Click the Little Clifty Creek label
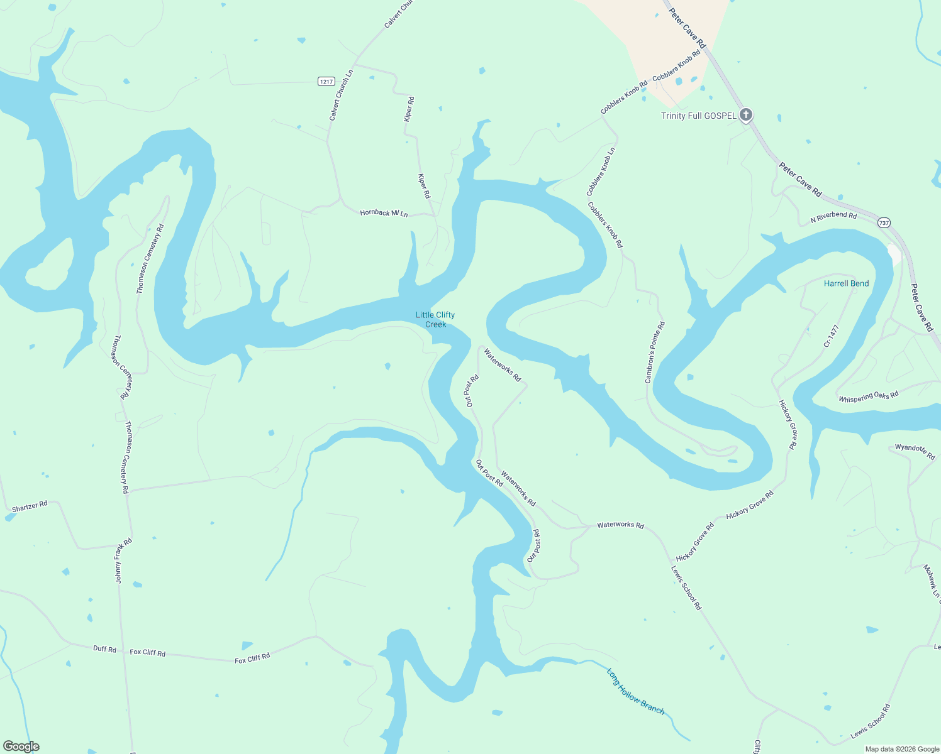tap(435, 319)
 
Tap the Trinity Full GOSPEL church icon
tap(746, 115)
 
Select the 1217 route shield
tap(326, 82)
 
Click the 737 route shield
tap(884, 222)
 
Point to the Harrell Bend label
tap(846, 283)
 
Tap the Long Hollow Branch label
tap(635, 691)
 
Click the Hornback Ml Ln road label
tap(384, 214)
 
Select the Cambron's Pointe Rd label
tap(655, 352)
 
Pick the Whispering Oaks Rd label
tap(868, 396)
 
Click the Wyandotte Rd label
tap(915, 451)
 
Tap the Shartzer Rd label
tap(30, 506)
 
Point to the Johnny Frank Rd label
tap(123, 560)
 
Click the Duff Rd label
tap(104, 648)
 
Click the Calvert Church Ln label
tap(341, 96)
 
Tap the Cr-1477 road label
tap(832, 336)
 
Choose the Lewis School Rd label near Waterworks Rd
tap(686, 588)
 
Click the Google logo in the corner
tap(21, 746)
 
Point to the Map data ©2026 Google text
tap(902, 749)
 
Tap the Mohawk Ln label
tap(931, 581)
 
